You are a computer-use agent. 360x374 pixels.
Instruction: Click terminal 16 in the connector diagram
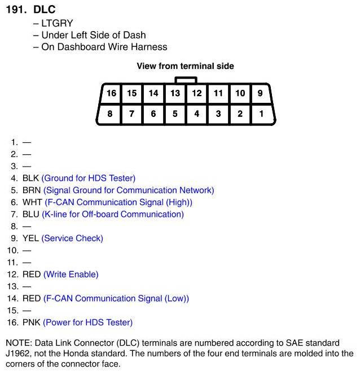point(111,93)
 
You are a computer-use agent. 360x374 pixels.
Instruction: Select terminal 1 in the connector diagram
point(261,114)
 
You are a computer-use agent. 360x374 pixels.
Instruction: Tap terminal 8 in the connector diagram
point(110,114)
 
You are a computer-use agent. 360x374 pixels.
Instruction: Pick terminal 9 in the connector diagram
point(260,93)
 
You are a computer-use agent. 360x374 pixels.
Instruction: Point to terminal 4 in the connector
point(196,114)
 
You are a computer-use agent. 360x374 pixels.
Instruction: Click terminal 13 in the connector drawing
point(175,93)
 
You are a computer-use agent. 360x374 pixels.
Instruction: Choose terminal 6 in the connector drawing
point(153,114)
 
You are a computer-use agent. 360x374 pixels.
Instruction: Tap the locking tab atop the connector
point(186,80)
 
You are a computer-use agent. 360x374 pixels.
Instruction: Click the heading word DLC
point(45,10)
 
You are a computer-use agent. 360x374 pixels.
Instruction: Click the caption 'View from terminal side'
point(185,66)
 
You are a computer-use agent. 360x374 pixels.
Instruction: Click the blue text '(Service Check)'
point(72,238)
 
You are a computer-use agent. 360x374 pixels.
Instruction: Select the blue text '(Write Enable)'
point(71,275)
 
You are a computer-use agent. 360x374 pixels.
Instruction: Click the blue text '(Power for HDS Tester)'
point(88,323)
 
